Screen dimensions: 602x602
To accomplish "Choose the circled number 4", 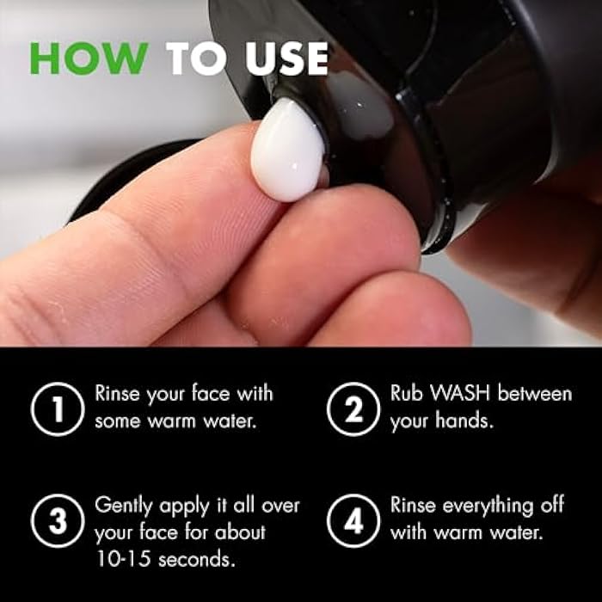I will pos(353,520).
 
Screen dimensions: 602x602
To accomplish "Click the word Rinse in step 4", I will pos(415,504).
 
